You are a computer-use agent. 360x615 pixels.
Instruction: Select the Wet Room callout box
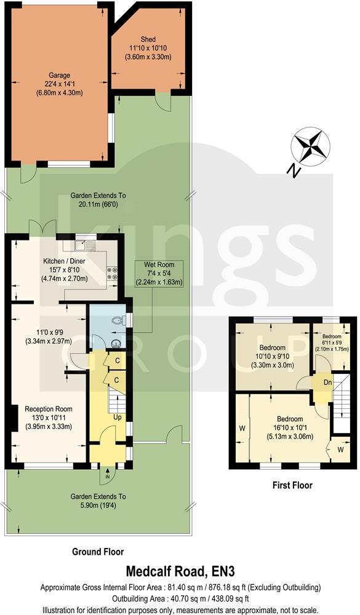(x=161, y=274)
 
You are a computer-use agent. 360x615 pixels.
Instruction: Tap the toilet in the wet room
(x=118, y=320)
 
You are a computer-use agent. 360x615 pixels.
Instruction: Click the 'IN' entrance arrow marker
(x=108, y=476)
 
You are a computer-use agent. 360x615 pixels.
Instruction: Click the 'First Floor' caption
(x=292, y=486)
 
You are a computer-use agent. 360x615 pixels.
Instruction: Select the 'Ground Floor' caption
(x=98, y=552)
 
